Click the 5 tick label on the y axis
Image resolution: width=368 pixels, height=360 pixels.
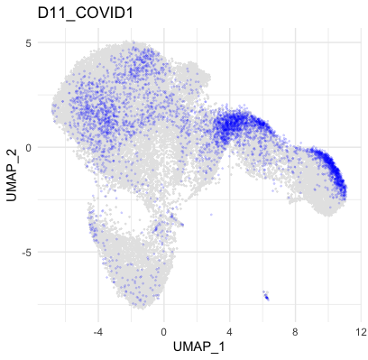click(28, 42)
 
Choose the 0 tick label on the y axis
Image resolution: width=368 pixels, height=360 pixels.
click(28, 147)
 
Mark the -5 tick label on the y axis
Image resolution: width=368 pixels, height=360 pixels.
click(26, 253)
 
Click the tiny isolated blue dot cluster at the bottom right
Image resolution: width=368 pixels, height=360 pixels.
click(266, 295)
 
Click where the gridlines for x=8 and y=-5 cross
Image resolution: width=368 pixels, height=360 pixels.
click(296, 253)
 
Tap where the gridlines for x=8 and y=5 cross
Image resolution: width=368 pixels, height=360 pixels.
click(296, 42)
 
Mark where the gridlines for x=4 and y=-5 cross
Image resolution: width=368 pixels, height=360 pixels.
click(230, 253)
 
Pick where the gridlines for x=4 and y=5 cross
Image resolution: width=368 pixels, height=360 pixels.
click(230, 42)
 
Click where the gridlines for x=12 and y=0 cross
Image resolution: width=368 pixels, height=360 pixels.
click(361, 147)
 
